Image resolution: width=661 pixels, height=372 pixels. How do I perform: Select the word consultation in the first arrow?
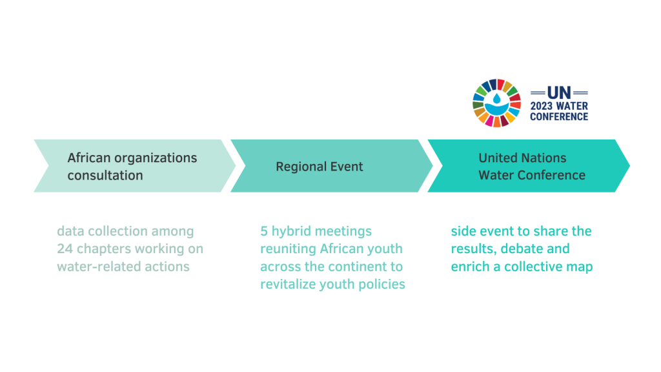105,175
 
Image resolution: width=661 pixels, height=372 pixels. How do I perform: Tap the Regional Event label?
319,167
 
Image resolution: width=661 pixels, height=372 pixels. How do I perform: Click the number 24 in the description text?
65,249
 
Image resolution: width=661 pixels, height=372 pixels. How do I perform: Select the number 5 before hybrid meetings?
264,231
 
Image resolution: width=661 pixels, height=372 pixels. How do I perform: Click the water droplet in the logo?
497,99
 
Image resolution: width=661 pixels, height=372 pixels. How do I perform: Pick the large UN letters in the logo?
559,92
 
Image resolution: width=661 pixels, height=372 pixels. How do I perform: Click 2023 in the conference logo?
542,106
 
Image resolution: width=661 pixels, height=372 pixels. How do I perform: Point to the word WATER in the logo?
571,106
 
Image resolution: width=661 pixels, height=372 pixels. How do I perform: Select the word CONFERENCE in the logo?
559,116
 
